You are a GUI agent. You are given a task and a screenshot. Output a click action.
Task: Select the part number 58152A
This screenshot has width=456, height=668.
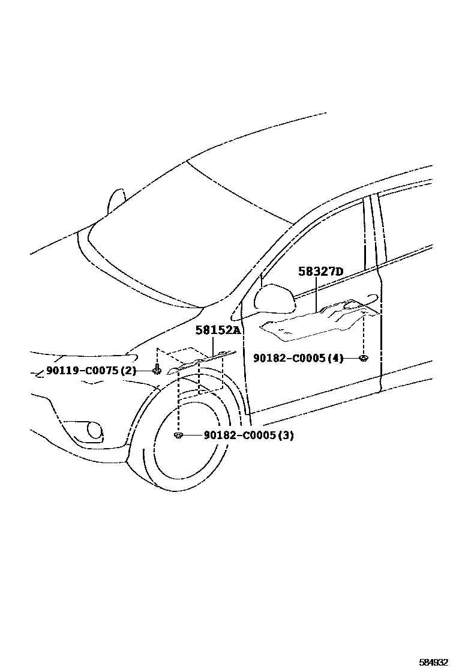tap(218, 330)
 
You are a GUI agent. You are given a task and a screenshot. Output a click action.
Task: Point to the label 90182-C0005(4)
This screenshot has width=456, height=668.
tap(298, 358)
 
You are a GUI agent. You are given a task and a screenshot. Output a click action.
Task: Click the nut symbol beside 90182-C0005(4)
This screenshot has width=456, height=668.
tap(363, 359)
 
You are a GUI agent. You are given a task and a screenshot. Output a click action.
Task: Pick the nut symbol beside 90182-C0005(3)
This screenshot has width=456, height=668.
tap(178, 435)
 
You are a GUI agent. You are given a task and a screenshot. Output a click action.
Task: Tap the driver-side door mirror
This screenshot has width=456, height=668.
tap(274, 299)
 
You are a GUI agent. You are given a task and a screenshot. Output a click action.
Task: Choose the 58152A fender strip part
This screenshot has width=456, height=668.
tap(201, 363)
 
